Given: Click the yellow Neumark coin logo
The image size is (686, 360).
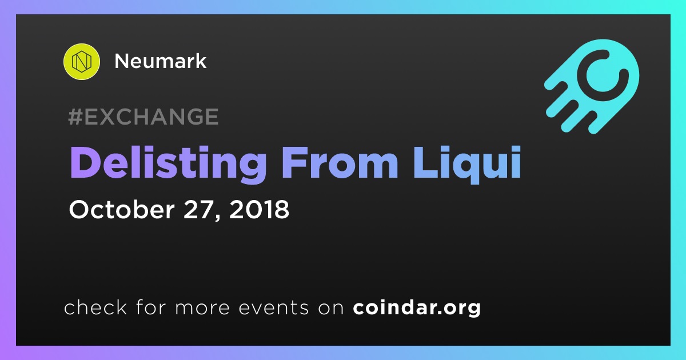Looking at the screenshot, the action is tap(81, 62).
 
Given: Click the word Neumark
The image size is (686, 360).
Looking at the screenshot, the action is tap(161, 61).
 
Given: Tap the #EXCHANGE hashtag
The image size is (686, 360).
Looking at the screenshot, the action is tap(143, 117).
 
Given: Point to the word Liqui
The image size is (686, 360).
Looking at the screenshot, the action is tap(468, 165).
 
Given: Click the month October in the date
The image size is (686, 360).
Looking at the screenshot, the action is tap(122, 210).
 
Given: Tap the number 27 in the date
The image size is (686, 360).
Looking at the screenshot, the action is tap(198, 210).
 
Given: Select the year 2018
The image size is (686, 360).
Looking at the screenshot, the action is tap(259, 210).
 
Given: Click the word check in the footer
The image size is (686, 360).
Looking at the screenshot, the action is tap(95, 307).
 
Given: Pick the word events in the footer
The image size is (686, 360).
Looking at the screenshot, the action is tap(274, 308).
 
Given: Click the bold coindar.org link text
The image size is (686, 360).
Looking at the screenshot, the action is tap(417, 308).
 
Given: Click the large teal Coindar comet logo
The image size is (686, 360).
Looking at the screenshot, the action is tap(592, 86).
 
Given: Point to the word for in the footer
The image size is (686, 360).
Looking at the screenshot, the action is tap(151, 307).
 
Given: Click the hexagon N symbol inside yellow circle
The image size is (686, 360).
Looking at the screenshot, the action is tap(81, 62).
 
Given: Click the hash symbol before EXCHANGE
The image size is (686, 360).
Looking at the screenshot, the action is tap(75, 117).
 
